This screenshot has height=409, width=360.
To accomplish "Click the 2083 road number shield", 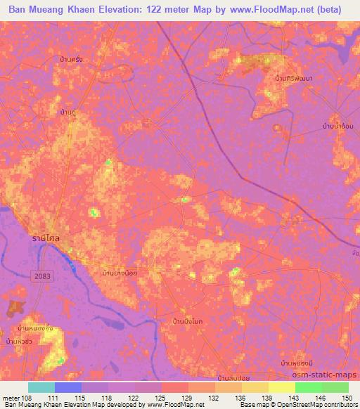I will click(x=41, y=279).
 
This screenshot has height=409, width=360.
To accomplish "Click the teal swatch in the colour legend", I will click(x=41, y=387).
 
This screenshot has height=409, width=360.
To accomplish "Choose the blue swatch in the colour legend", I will click(x=67, y=387).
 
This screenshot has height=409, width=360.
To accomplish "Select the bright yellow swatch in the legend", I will click(x=281, y=387).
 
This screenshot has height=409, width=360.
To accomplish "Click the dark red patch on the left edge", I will click(x=14, y=307).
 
